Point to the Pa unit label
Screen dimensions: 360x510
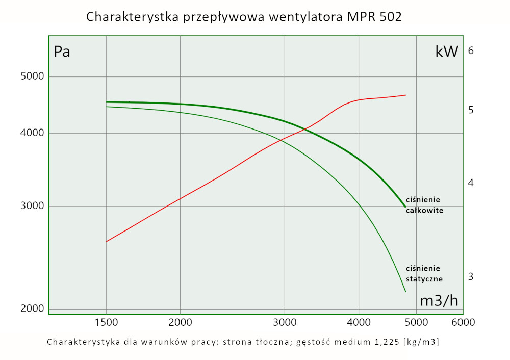pyautogui.click(x=62, y=52)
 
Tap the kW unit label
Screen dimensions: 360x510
pyautogui.click(x=447, y=51)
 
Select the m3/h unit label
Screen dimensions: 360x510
pyautogui.click(x=439, y=300)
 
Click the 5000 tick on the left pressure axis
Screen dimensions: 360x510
pyautogui.click(x=32, y=76)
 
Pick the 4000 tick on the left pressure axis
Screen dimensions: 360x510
pyautogui.click(x=32, y=134)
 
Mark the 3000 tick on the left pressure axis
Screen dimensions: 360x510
pyautogui.click(x=32, y=207)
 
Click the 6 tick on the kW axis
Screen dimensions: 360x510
pyautogui.click(x=471, y=50)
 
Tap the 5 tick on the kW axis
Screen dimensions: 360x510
pyautogui.click(x=471, y=110)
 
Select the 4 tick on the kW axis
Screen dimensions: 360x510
pyautogui.click(x=471, y=183)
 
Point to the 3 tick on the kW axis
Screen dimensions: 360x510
pyautogui.click(x=471, y=276)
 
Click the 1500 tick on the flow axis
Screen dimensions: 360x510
pyautogui.click(x=106, y=322)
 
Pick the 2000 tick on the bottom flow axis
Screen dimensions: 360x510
pyautogui.click(x=180, y=322)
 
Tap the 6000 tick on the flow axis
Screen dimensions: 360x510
pyautogui.click(x=464, y=322)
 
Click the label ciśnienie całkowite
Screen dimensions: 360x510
pyautogui.click(x=424, y=204)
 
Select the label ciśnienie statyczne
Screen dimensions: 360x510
pyautogui.click(x=424, y=273)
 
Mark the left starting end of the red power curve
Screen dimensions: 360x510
pyautogui.click(x=106, y=241)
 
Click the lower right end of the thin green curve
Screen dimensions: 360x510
pyautogui.click(x=405, y=292)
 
